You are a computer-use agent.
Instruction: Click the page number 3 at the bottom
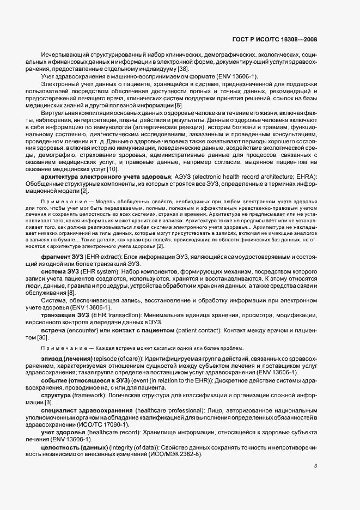(x=316, y=466)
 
